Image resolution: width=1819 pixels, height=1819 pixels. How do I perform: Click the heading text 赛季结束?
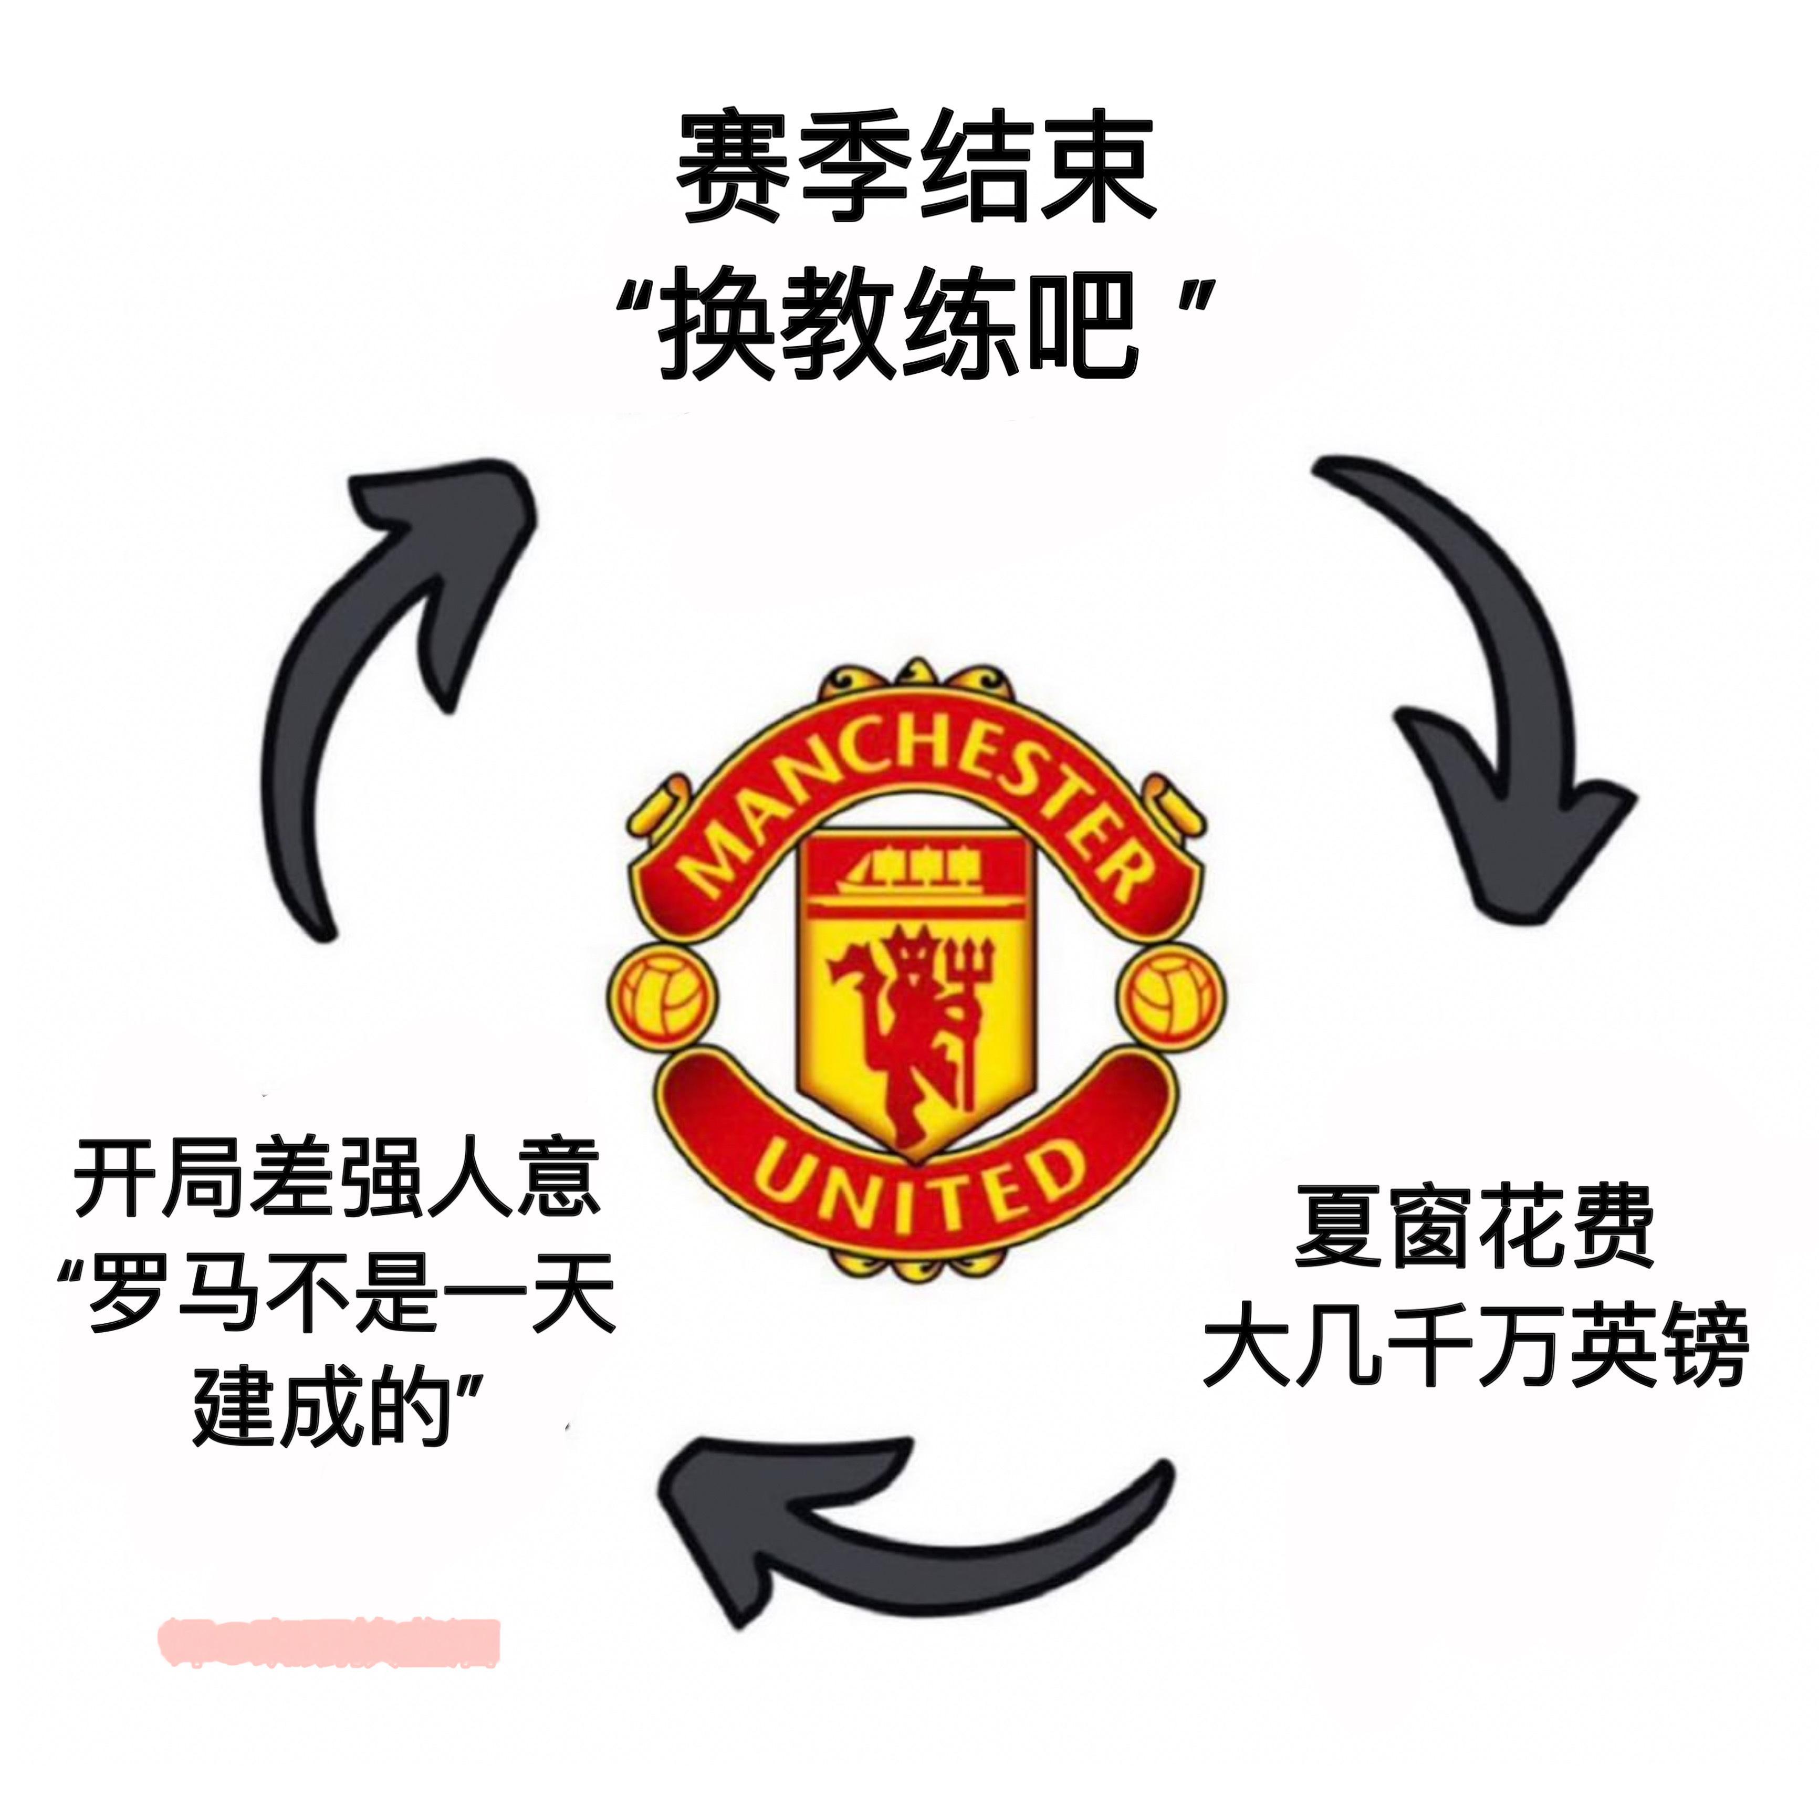(915, 170)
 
